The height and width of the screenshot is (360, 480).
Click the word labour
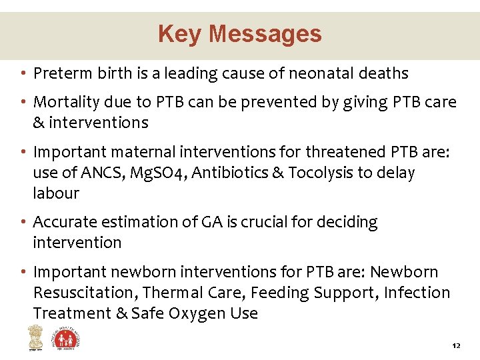click(56, 193)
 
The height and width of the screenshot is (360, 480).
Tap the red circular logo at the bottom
click(67, 339)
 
